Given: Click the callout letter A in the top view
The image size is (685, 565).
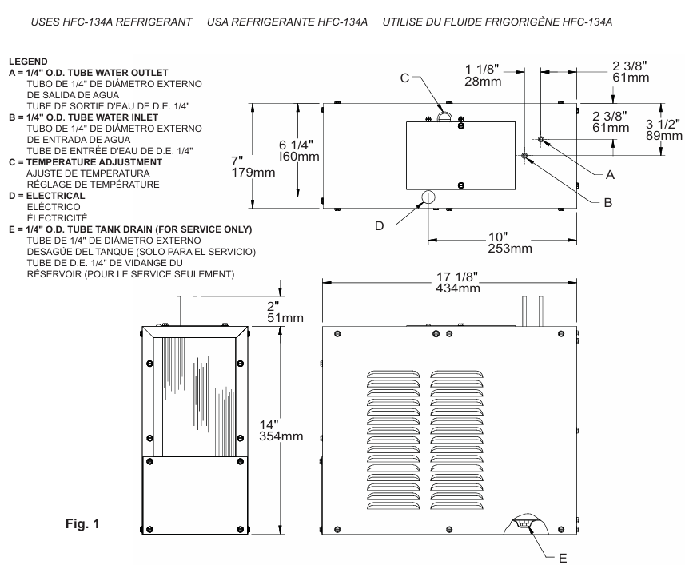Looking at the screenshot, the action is [x=610, y=175].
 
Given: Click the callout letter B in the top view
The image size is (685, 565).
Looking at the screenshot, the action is [x=608, y=203].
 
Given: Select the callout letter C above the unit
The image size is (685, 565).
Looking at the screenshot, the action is [x=404, y=78].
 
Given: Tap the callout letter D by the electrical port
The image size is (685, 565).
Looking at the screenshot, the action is [x=379, y=225].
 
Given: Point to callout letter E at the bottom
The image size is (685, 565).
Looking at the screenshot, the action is [x=563, y=558].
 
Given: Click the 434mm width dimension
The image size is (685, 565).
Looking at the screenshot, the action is [x=458, y=288].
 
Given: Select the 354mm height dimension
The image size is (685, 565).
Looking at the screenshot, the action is [x=281, y=436].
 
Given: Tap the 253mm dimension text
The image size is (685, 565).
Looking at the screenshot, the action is [x=510, y=249].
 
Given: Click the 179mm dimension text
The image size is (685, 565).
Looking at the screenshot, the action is [x=253, y=173].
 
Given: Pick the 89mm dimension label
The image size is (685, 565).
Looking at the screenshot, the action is [x=664, y=136].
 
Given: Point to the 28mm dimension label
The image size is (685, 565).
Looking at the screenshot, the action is [x=483, y=82].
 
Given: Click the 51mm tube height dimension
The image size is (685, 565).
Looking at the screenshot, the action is [x=285, y=318].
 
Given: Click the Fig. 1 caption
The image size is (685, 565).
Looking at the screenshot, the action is [x=82, y=523].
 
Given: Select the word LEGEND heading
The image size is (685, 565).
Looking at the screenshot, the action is [x=28, y=62].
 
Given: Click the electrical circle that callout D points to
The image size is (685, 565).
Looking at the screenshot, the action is [x=428, y=197].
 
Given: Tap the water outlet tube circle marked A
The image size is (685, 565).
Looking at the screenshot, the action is [x=541, y=139].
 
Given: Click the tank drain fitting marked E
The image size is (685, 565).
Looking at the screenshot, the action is [x=526, y=523].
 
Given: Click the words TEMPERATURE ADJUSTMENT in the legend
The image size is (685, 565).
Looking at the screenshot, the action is [x=94, y=162].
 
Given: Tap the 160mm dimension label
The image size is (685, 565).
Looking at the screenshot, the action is [x=299, y=157].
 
